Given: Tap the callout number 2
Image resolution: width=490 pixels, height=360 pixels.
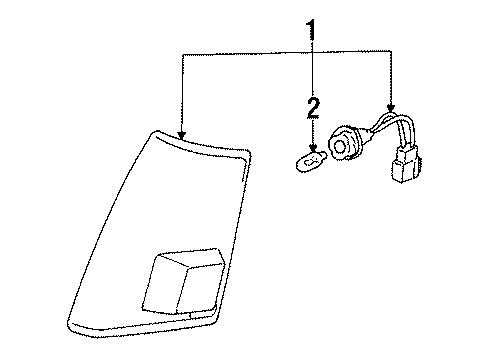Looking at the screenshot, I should pyautogui.click(x=313, y=105).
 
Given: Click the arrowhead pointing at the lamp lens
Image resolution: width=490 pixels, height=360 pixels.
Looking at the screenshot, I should pyautogui.click(x=181, y=133).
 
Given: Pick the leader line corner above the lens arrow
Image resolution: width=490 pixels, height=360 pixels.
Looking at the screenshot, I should pyautogui.click(x=181, y=55).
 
